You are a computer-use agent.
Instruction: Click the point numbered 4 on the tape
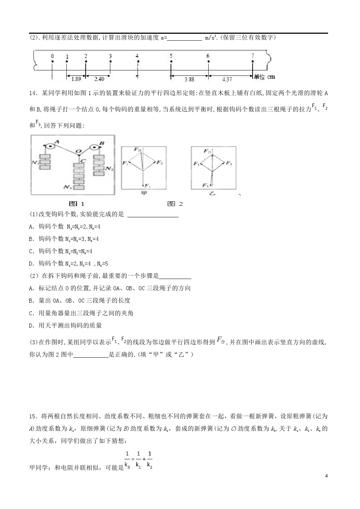point(137,62)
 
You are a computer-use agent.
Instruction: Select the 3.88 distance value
point(189,79)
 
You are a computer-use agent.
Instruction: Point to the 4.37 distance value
point(226,79)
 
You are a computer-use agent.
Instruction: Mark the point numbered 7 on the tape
point(253,62)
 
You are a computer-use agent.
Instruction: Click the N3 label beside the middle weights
point(67,187)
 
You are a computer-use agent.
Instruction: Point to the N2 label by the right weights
point(110,169)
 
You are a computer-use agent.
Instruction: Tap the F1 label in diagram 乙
point(196,164)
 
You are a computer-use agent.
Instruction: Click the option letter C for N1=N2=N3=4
point(31,251)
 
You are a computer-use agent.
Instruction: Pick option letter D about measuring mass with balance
point(31,325)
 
